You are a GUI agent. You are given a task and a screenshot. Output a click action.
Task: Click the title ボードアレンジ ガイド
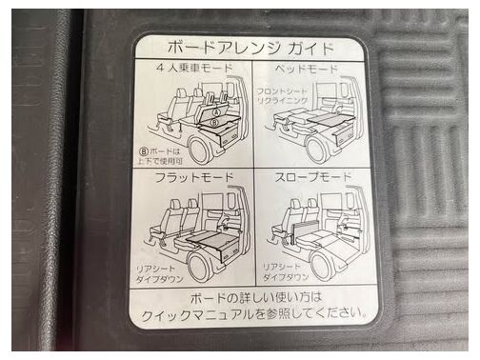pos(250,49)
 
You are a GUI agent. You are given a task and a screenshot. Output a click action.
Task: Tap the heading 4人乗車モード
pos(195,68)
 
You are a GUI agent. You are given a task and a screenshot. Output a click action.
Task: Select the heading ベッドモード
pos(306,69)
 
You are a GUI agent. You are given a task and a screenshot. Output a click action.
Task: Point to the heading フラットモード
pos(194,178)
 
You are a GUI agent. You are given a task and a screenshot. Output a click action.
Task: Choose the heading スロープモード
pos(313,177)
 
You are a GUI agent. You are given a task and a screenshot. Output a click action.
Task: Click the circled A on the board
pos(216,112)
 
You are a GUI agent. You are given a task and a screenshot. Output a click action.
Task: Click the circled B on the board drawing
pos(214,122)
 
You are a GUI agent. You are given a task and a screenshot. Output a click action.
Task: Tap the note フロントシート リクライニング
pos(282,96)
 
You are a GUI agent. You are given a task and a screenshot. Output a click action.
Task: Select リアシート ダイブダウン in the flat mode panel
pos(159,274)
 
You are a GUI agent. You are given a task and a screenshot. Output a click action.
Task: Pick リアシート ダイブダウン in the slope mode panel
pos(286,272)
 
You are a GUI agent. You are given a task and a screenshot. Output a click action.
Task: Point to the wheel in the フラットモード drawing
pos(201,267)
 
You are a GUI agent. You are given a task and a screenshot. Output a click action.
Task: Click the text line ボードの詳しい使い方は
pos(256,298)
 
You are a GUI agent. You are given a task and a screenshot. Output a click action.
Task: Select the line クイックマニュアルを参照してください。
pos(254,314)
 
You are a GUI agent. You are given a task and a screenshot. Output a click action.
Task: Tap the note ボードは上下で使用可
pos(160,156)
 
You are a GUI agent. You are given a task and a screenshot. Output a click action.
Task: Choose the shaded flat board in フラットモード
pos(210,239)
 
